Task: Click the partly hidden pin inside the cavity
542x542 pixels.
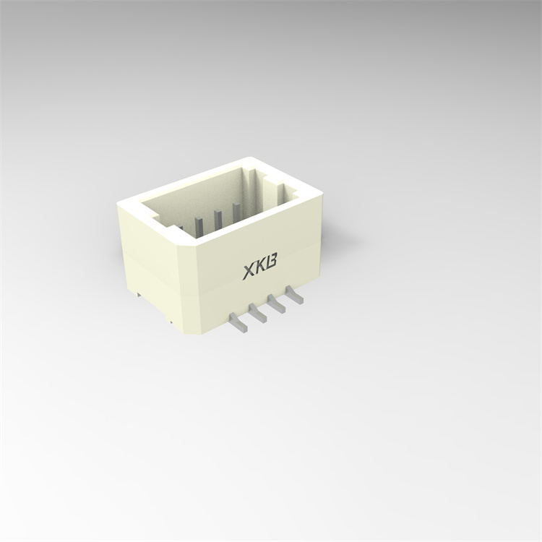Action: point(180,229)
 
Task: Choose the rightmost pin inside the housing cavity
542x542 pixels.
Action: point(235,210)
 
